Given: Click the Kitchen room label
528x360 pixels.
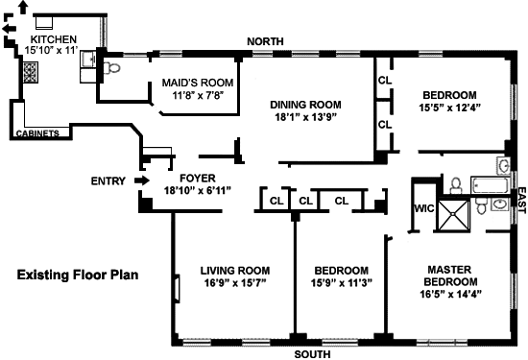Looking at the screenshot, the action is tap(54, 39).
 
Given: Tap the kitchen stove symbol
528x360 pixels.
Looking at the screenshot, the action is tap(31, 72).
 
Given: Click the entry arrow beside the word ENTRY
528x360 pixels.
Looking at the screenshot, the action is tap(142, 180).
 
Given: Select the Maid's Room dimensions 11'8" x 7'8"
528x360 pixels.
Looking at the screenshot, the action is tap(198, 96).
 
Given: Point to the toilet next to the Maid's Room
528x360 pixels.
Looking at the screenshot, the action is tap(111, 68).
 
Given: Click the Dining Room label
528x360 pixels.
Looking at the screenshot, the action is tap(305, 105).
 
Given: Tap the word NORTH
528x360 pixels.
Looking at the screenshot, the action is tap(265, 41).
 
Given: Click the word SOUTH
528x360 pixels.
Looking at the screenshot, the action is tap(312, 354).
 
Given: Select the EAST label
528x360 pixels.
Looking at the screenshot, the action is tap(521, 201).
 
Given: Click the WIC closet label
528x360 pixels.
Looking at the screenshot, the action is tap(424, 208).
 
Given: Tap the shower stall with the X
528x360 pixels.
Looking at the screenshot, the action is tap(453, 215).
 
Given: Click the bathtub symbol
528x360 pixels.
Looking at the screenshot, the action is tap(490, 185).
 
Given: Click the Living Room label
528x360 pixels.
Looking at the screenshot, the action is tap(235, 271).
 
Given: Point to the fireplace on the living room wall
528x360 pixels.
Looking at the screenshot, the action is tap(178, 289).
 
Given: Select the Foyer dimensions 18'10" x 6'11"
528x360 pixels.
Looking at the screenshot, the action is tap(198, 191).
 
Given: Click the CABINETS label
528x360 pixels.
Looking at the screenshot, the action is tap(37, 133).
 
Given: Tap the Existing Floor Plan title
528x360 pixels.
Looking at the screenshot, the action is tap(78, 275).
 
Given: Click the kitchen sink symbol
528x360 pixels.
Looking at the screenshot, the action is tap(88, 60).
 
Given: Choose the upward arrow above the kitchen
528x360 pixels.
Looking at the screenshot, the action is tap(23, 7).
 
